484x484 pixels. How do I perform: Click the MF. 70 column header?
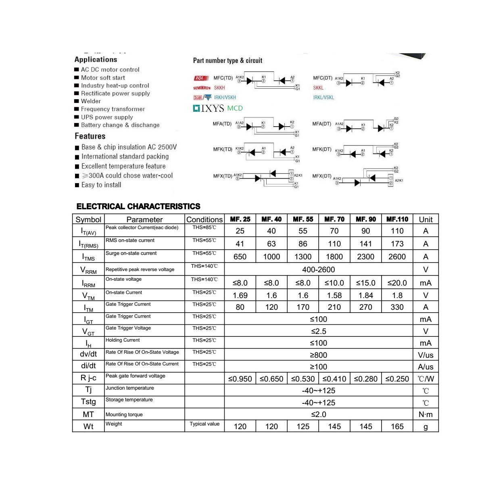334,219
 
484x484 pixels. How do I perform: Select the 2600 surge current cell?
397,257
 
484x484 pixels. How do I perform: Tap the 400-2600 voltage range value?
318,269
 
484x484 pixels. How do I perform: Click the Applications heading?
96,60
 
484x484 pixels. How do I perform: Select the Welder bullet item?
91,101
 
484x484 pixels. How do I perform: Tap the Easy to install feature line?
101,185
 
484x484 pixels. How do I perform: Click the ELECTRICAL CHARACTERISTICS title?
138,207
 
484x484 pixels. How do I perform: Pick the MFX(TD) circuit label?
223,176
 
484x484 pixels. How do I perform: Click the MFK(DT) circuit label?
322,149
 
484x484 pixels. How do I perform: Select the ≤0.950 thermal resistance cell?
240,379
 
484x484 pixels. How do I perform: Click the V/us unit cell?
426,355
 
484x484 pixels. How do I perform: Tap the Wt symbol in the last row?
88,426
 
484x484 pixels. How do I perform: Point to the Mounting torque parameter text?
124,415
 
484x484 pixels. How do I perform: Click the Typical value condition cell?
204,424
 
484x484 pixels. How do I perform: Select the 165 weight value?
397,426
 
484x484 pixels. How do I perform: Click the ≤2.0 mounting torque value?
318,414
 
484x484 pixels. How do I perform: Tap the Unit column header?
426,219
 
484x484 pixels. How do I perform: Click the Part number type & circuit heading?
227,60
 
